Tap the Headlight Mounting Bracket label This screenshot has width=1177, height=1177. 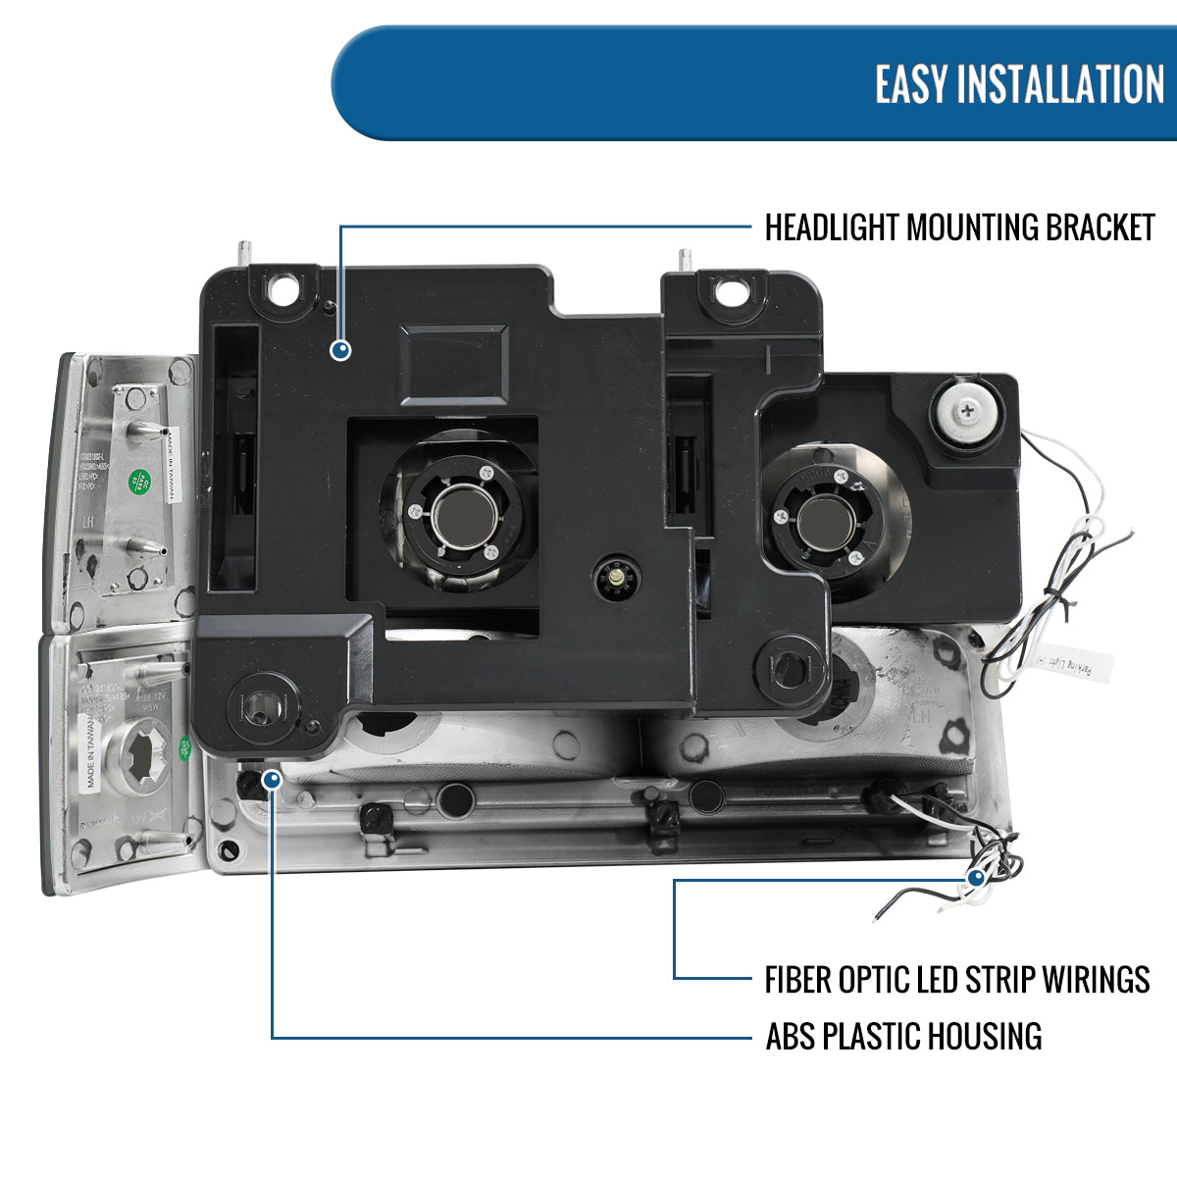[x=959, y=228]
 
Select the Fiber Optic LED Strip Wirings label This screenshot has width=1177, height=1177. [x=956, y=979]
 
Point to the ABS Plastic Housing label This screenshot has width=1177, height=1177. [x=903, y=1037]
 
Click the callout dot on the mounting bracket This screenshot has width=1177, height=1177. [x=340, y=349]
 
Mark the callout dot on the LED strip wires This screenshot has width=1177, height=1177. [x=977, y=878]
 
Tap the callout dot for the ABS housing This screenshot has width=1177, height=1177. [x=272, y=780]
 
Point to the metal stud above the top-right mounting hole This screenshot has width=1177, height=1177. [x=687, y=260]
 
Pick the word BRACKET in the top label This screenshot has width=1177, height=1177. [x=1100, y=228]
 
